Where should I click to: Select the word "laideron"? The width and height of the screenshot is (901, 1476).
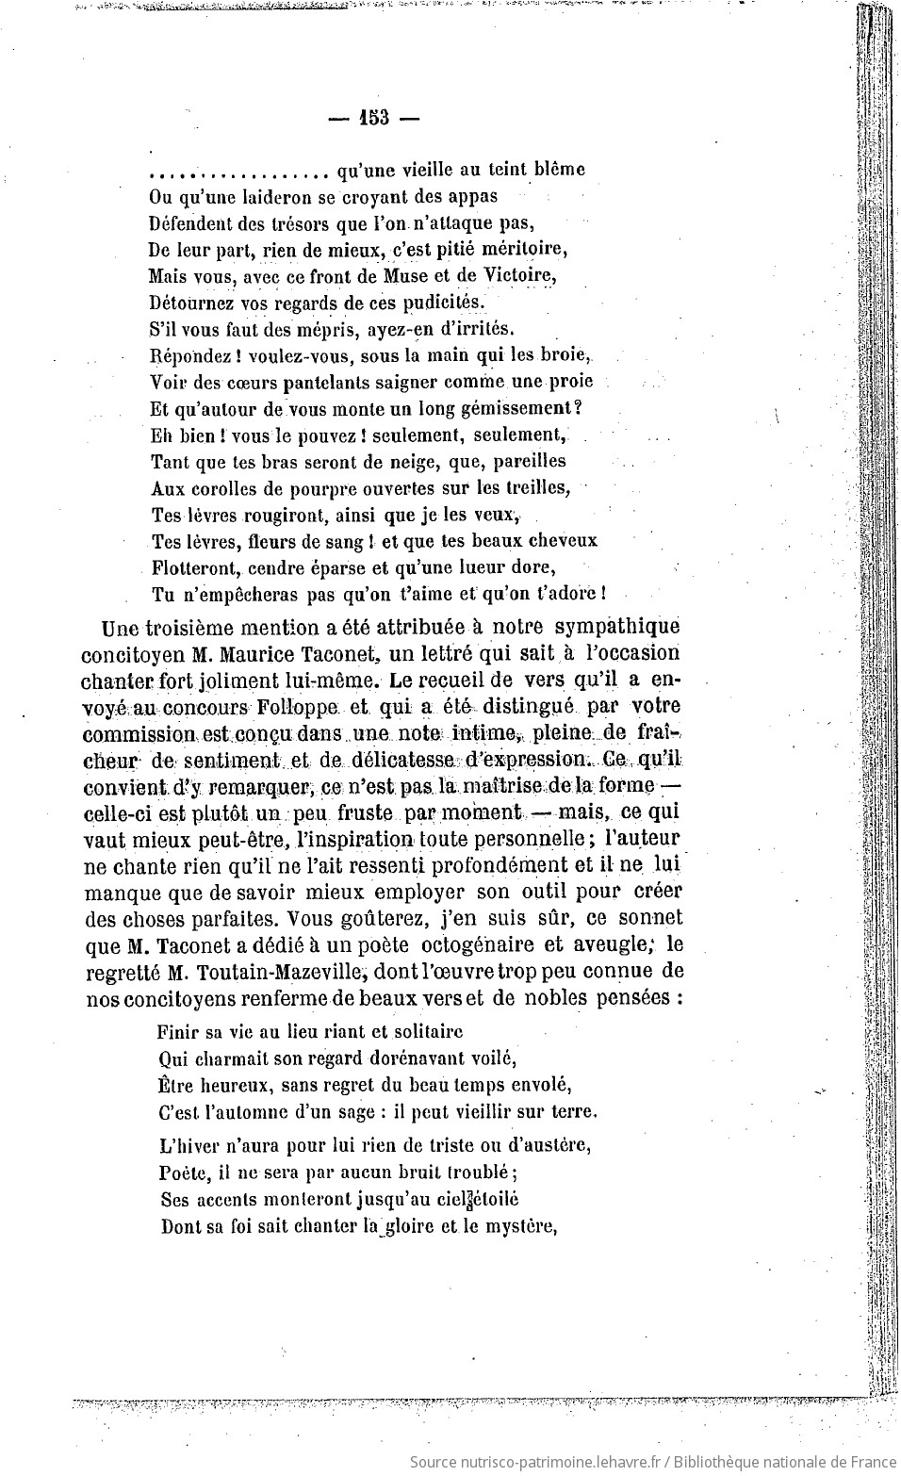pos(244,197)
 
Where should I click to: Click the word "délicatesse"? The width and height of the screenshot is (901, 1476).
pos(401,759)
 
